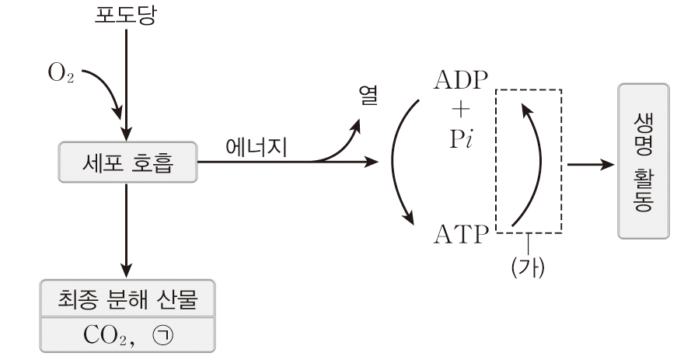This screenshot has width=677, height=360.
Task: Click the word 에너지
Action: [256, 148]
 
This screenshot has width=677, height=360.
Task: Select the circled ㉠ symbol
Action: [164, 334]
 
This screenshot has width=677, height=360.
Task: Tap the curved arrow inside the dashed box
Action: [536, 163]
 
